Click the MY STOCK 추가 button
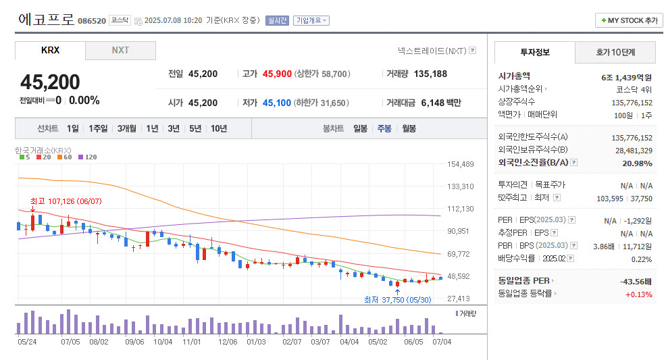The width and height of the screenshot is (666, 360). tap(628, 20)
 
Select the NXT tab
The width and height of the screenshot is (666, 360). tap(120, 51)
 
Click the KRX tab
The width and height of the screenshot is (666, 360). tap(50, 51)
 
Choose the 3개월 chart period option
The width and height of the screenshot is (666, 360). tap(128, 128)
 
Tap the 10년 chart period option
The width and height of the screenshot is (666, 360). tap(218, 128)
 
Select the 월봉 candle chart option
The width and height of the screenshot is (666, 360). tap(409, 128)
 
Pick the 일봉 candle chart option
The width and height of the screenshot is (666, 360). tap(360, 128)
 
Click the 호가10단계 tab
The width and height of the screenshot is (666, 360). tap(615, 52)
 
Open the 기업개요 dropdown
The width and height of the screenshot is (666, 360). tap(311, 20)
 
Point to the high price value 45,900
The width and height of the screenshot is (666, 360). tap(277, 74)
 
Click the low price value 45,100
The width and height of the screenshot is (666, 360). tap(276, 103)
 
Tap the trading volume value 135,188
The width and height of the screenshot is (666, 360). tap(430, 74)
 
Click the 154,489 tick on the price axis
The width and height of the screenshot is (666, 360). tap(461, 164)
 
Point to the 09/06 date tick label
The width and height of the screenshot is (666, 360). tap(134, 342)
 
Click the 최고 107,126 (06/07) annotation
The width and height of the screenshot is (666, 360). tap(66, 201)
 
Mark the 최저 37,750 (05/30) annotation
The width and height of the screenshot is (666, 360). tap(397, 300)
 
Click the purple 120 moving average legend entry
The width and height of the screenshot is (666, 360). tap(88, 157)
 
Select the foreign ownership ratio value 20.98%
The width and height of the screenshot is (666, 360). tap(638, 163)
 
